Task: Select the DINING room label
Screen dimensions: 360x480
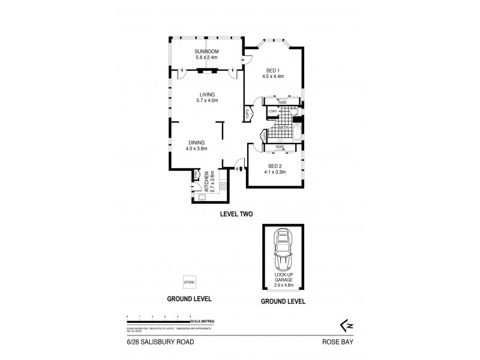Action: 196,142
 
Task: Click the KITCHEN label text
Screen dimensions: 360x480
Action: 206,180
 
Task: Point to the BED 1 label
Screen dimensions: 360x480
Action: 272,70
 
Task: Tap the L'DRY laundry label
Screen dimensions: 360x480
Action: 272,111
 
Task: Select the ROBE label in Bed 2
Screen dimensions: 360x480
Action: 280,147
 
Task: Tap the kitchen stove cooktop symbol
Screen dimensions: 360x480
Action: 223,186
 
